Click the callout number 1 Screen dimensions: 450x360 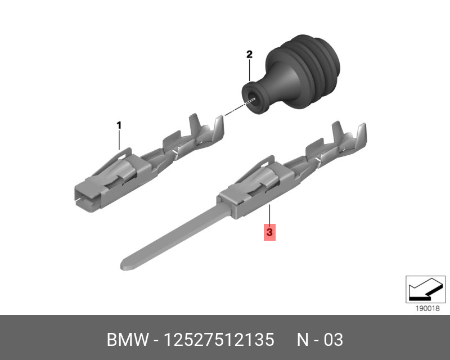pos(119,125)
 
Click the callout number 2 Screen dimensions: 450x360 pos(249,54)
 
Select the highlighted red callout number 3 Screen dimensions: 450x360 pos(269,232)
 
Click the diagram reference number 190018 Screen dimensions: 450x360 pos(427,309)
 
